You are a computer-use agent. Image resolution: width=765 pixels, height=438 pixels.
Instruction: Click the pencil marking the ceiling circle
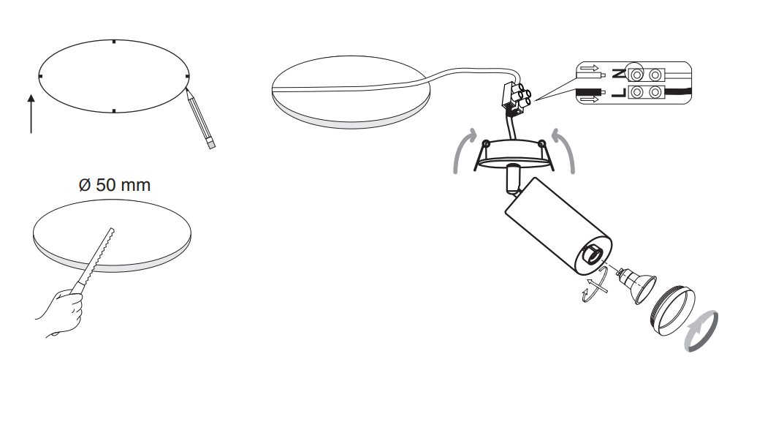[200, 118]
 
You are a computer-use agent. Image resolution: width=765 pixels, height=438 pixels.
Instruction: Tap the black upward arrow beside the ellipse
[31, 114]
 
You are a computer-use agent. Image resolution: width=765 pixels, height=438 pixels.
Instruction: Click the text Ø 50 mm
[115, 185]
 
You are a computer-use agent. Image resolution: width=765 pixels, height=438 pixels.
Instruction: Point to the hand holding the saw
[60, 312]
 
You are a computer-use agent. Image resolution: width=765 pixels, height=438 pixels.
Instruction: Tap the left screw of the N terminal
[636, 75]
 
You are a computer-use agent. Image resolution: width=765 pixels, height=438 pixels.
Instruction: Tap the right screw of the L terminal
[655, 92]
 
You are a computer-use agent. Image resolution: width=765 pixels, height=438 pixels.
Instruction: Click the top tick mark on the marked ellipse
[114, 42]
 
